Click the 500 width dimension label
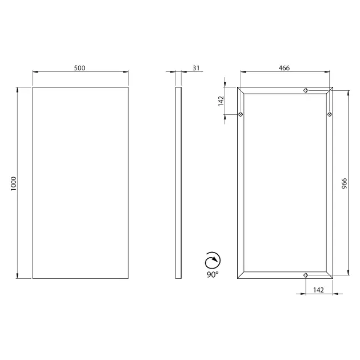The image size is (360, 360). coord(79,68)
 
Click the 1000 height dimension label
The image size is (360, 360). coord(14,183)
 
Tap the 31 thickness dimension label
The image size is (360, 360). coord(196,68)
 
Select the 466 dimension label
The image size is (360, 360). coord(284,68)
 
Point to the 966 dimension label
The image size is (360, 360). coord(345,183)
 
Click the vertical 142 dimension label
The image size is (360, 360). coord(221,101)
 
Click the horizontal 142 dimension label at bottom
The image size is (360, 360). coord(318,290)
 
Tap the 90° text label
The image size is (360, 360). coord(213,274)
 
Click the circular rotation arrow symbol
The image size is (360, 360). coord(213,261)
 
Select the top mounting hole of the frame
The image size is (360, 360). coord(306,90)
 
